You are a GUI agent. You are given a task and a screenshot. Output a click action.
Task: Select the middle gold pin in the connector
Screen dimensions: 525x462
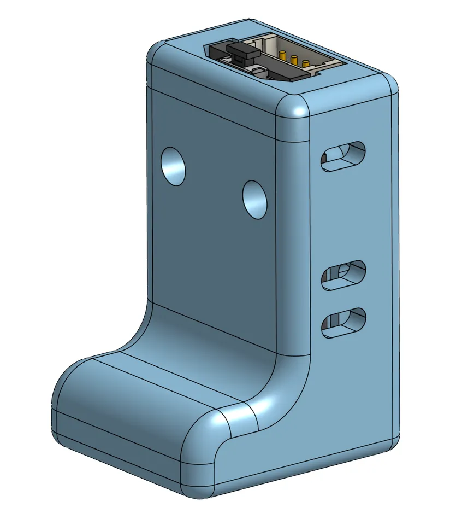(294, 59)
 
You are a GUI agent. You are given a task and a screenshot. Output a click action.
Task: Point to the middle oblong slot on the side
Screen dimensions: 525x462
(342, 273)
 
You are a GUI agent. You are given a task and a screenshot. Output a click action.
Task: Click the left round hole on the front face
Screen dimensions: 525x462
(173, 166)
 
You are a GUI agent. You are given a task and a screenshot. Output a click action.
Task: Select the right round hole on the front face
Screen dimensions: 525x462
(254, 199)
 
